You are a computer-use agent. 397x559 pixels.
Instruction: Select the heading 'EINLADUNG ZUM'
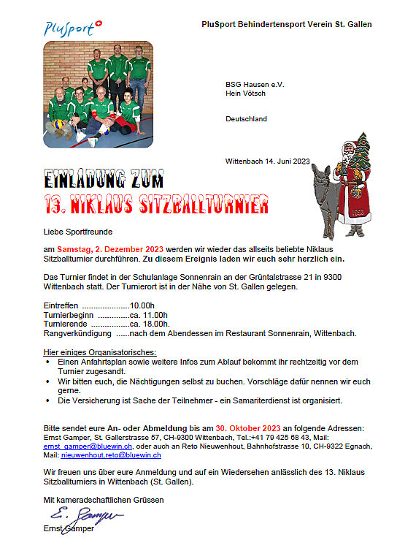[104, 180]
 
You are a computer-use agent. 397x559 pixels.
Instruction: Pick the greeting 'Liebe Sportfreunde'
[76, 232]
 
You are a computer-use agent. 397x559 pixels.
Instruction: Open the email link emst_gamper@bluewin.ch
[88, 445]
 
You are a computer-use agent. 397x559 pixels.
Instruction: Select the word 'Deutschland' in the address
[246, 118]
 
